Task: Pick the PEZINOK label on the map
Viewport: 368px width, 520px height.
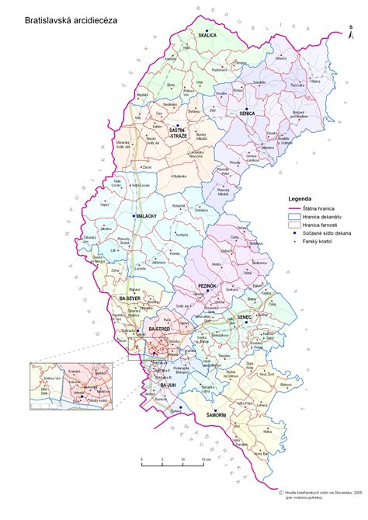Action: click(x=205, y=286)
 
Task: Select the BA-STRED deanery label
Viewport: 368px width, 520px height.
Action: click(x=158, y=330)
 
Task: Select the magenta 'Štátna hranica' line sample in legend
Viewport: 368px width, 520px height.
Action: click(x=295, y=207)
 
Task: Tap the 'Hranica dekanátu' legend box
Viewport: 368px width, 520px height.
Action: click(x=295, y=215)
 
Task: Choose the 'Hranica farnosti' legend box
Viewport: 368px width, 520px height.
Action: click(x=295, y=224)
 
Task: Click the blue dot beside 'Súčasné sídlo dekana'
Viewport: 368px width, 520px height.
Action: click(x=295, y=233)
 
